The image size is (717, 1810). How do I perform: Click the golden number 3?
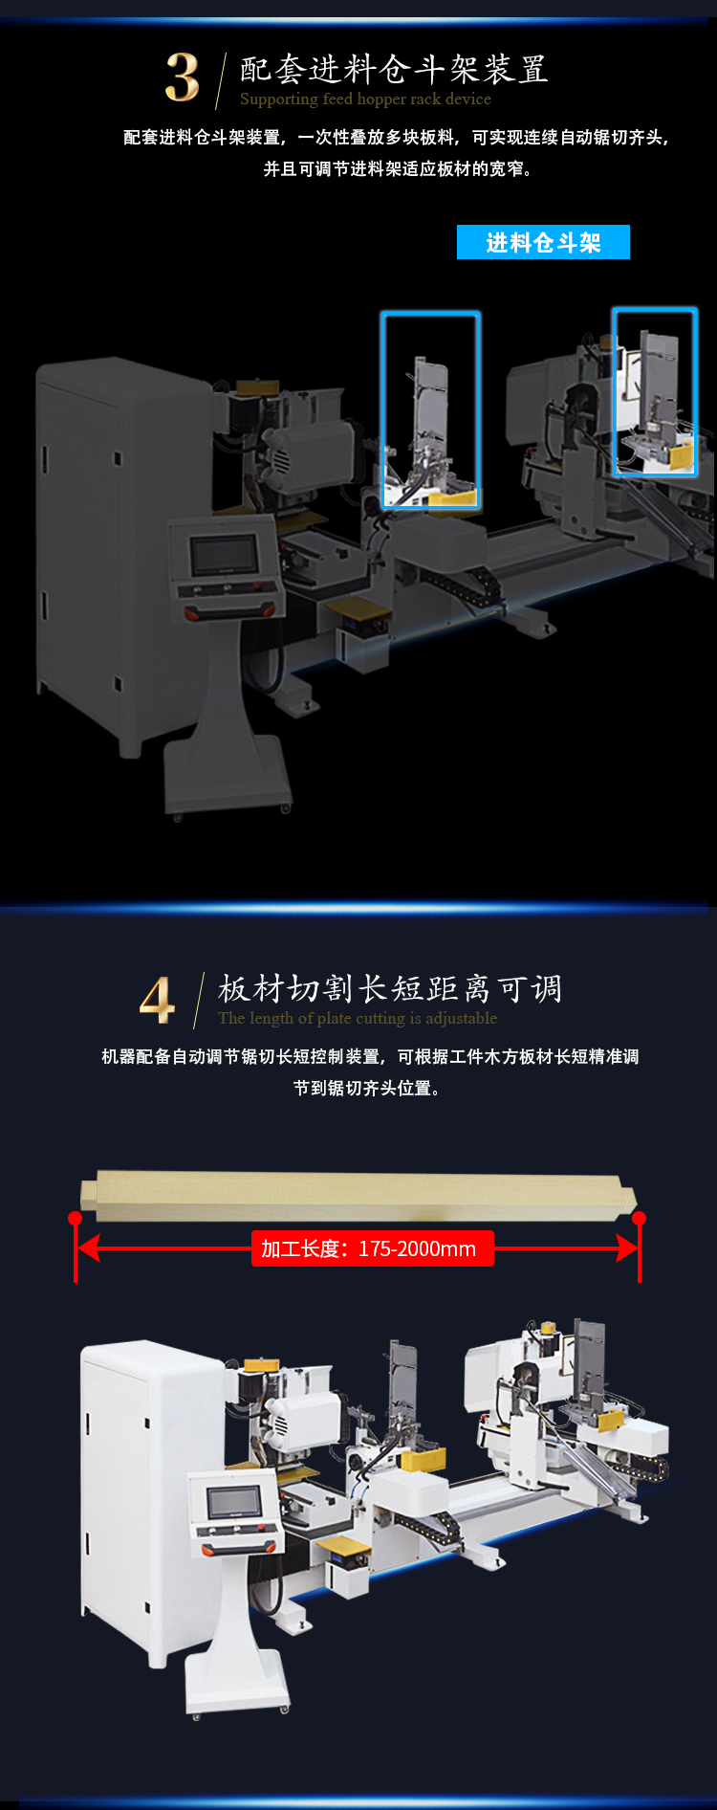(x=182, y=77)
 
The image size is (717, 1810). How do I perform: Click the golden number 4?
(x=158, y=999)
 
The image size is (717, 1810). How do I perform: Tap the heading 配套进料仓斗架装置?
(x=394, y=69)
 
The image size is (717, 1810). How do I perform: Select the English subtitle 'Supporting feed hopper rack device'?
(x=365, y=99)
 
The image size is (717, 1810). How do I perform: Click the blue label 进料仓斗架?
(x=543, y=242)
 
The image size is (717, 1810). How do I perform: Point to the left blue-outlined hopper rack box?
(x=382, y=409)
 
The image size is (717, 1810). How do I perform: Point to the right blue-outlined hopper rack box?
(x=614, y=392)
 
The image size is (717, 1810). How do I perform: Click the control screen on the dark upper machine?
(x=224, y=554)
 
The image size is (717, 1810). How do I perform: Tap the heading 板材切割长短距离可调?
(x=390, y=988)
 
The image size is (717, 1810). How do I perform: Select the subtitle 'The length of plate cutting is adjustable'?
(x=358, y=1018)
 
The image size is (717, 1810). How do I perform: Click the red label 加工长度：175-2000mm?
(x=373, y=1248)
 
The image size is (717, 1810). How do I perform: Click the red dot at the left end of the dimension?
(x=76, y=1218)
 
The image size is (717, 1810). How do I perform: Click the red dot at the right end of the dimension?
(x=640, y=1218)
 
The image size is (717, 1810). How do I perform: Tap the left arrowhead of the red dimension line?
(x=89, y=1248)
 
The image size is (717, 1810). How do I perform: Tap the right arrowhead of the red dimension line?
(x=627, y=1248)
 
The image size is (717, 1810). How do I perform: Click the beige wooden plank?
(x=358, y=1196)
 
